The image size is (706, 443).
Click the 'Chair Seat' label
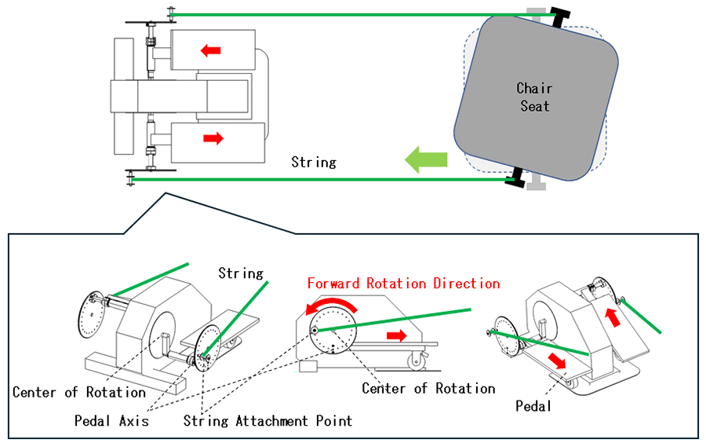(534, 97)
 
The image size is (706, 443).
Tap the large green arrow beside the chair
(426, 160)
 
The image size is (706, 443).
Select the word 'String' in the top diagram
(313, 163)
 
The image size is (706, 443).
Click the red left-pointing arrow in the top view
(210, 51)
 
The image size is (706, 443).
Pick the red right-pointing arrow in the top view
(213, 139)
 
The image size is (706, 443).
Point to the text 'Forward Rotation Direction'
(403, 284)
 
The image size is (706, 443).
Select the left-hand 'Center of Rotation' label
(79, 392)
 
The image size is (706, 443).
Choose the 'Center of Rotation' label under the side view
(428, 388)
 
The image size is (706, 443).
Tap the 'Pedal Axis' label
(111, 420)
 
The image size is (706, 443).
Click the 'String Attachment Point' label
(267, 420)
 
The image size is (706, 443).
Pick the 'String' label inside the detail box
(240, 273)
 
